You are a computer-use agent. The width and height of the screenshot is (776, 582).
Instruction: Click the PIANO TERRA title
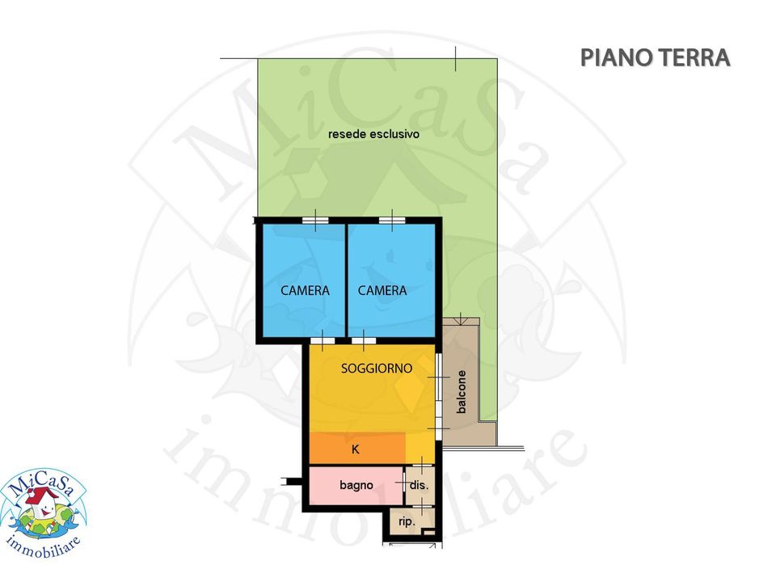coord(655,57)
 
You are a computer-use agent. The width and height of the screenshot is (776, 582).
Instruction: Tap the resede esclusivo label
coord(373,134)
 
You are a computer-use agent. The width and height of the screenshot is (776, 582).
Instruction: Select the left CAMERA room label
coord(305,290)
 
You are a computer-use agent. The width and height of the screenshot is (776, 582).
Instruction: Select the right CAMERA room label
coord(382,290)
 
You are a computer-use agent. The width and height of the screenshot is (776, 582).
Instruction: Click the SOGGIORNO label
coord(377,369)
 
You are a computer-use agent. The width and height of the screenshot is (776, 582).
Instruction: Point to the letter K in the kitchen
coord(356,449)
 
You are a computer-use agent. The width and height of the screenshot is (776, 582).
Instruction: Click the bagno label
coord(356,486)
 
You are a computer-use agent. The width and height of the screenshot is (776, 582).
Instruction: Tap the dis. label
coord(419,486)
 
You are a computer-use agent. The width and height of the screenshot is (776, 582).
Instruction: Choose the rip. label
coord(407,521)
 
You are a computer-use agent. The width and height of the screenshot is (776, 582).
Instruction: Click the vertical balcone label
coord(462,391)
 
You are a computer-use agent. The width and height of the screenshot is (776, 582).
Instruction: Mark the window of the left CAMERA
coord(315,220)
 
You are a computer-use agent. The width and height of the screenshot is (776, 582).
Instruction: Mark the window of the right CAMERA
coord(392,220)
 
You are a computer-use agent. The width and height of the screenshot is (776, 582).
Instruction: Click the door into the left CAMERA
coord(323,340)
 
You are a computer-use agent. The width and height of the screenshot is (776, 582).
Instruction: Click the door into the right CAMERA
coord(363,340)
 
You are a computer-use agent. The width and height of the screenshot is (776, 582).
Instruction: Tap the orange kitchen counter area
coord(357,449)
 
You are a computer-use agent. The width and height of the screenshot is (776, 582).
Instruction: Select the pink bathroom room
coord(356,486)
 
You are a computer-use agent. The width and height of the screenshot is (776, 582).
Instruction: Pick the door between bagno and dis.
coord(404,482)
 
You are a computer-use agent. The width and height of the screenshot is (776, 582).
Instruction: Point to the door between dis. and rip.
coord(421,507)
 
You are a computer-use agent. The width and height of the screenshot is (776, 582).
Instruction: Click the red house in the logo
coord(41,497)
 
